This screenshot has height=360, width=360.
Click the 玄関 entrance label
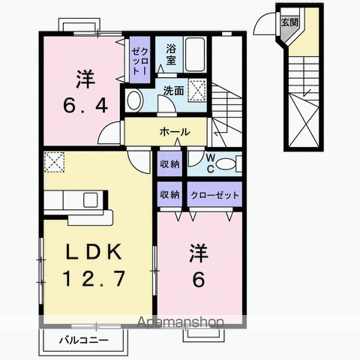(x=290, y=22)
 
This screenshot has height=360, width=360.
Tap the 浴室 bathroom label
(x=171, y=55)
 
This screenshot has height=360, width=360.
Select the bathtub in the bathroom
(x=195, y=55)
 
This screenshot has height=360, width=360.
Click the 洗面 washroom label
(x=173, y=91)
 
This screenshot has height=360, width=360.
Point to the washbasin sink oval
(x=135, y=100)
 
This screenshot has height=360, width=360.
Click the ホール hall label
(x=175, y=132)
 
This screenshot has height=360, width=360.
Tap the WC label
(x=211, y=163)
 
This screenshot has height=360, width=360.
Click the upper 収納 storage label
(x=169, y=164)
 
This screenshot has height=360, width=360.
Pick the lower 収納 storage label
(x=169, y=194)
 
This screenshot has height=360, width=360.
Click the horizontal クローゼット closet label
(x=214, y=195)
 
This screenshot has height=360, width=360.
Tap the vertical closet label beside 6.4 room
(x=140, y=61)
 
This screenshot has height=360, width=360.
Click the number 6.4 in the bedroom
(x=85, y=105)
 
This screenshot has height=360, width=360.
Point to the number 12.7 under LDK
(x=94, y=278)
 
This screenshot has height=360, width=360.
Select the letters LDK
(x=94, y=252)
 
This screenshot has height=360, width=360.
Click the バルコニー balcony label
(x=84, y=340)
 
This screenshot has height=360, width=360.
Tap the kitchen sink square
(x=90, y=200)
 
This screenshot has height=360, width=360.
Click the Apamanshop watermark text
(x=180, y=322)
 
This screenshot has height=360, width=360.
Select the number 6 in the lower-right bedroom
(x=199, y=279)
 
